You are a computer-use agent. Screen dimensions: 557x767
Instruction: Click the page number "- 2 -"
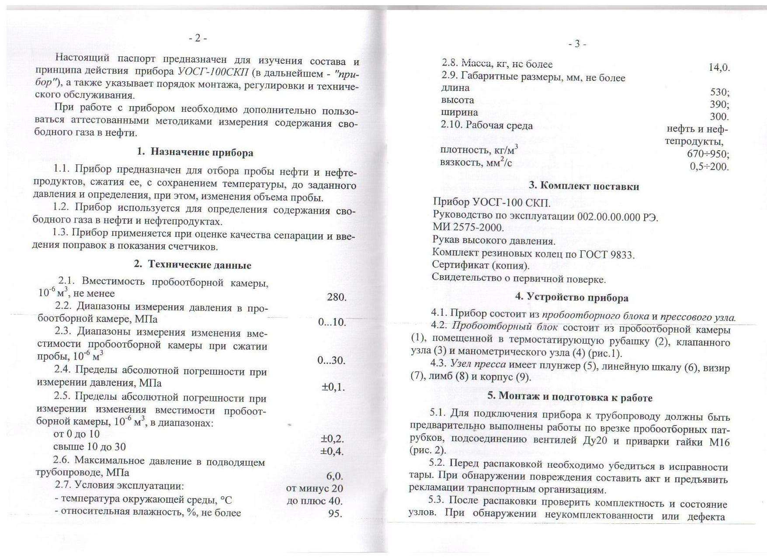198,38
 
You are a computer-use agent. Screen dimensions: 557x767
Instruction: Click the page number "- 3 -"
577,44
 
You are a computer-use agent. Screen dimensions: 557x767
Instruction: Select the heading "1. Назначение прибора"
195,152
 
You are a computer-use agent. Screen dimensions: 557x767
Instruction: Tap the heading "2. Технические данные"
192,265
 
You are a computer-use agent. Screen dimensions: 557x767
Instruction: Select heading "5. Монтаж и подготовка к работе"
570,398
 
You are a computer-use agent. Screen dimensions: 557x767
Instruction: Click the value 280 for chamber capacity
336,298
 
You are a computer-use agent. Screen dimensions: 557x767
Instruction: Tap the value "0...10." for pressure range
332,322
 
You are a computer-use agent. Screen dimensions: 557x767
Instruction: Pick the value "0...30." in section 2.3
331,361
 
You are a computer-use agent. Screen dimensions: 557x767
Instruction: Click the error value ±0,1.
333,387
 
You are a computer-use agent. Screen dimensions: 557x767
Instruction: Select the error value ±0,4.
332,451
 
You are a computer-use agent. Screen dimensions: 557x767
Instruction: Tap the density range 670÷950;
708,154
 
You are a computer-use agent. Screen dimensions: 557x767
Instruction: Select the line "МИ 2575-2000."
468,227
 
